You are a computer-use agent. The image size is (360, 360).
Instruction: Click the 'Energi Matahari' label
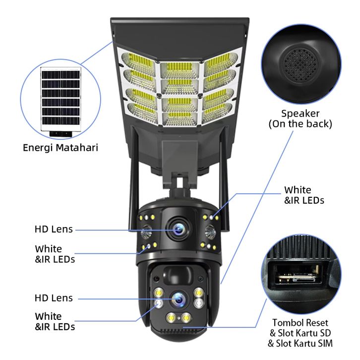click(x=60, y=147)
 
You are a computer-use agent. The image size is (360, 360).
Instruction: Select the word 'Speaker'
click(x=300, y=114)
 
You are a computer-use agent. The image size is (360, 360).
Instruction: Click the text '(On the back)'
click(x=300, y=124)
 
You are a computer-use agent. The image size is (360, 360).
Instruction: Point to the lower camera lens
click(x=177, y=299)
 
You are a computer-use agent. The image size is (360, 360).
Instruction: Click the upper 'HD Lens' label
click(x=54, y=229)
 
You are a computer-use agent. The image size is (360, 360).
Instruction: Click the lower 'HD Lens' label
click(x=54, y=298)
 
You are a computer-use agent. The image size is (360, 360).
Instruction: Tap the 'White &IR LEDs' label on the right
click(x=304, y=195)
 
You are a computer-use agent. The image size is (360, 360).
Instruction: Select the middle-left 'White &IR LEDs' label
click(x=55, y=253)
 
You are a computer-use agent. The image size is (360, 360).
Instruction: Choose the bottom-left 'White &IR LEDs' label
click(x=55, y=321)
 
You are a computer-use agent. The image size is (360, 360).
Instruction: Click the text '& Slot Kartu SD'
click(x=300, y=332)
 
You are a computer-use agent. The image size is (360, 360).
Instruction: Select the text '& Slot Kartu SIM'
click(x=300, y=343)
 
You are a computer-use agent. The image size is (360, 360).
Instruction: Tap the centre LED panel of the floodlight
click(x=180, y=92)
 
